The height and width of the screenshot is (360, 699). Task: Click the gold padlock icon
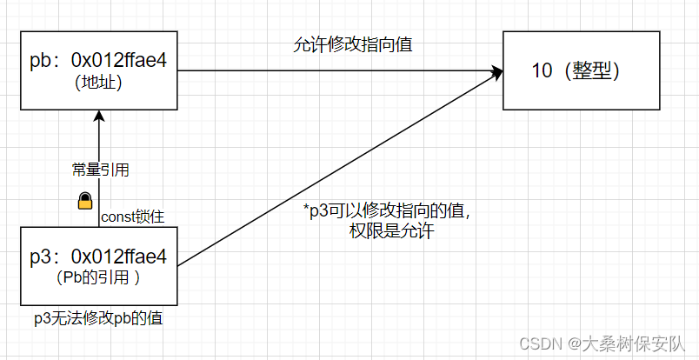click(85, 202)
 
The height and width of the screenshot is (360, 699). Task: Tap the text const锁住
click(130, 217)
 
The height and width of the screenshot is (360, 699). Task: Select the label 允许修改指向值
click(352, 46)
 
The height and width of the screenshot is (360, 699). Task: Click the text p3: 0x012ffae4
click(97, 257)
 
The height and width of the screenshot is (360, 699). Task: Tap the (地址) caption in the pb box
click(98, 83)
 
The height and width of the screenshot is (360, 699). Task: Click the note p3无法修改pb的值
click(97, 318)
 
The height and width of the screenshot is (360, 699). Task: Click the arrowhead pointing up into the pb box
click(99, 116)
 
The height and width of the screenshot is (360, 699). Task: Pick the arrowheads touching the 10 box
click(496, 73)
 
